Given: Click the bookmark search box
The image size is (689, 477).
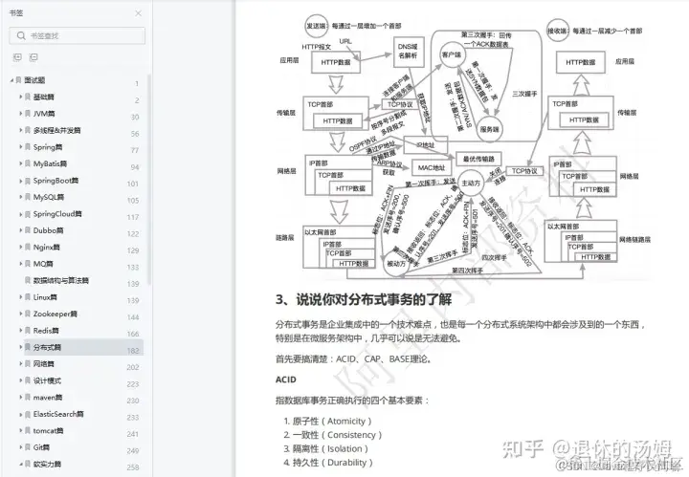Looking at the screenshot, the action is coord(77,35).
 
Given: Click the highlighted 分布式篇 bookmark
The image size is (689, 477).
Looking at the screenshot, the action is coord(46,347).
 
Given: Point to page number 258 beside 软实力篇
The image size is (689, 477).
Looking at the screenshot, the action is coord(133,465).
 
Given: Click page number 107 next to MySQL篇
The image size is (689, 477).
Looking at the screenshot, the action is coord(133,198).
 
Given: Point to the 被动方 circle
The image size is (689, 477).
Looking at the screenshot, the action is coord(395,260).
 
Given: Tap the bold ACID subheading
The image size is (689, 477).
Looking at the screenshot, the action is coord(287,379).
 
